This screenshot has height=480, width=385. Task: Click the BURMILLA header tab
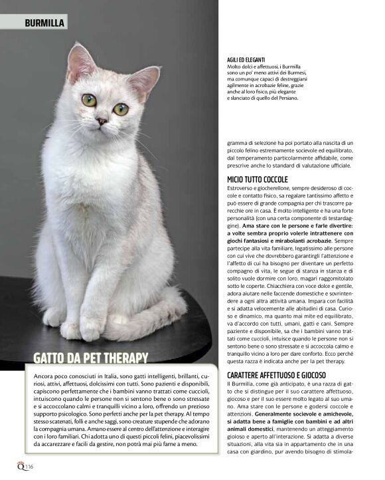coord(44,23)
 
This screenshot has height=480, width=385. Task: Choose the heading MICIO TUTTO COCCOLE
coord(258,180)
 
